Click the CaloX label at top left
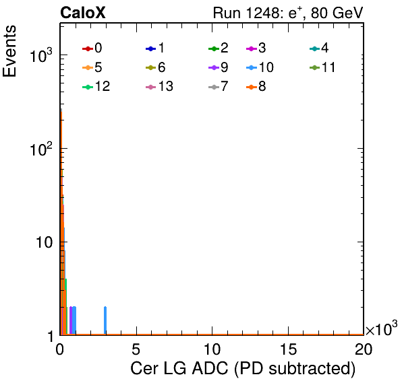pos(83,13)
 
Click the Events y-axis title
pos(9,51)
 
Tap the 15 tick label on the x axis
pos(289,349)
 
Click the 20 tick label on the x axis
pos(364,349)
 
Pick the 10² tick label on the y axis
pos(41,149)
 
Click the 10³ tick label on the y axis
pos(41,55)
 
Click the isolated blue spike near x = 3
pos(105,320)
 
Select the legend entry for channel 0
pos(92,48)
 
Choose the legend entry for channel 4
pos(319,48)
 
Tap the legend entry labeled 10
pos(260,67)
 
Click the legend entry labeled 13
pos(159,87)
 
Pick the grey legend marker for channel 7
pos(214,87)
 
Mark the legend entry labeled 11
pos(322,67)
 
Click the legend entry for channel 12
pos(96,87)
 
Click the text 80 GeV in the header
pos(337,13)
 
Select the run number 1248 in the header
pos(264,13)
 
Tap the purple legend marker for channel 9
pos(214,68)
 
